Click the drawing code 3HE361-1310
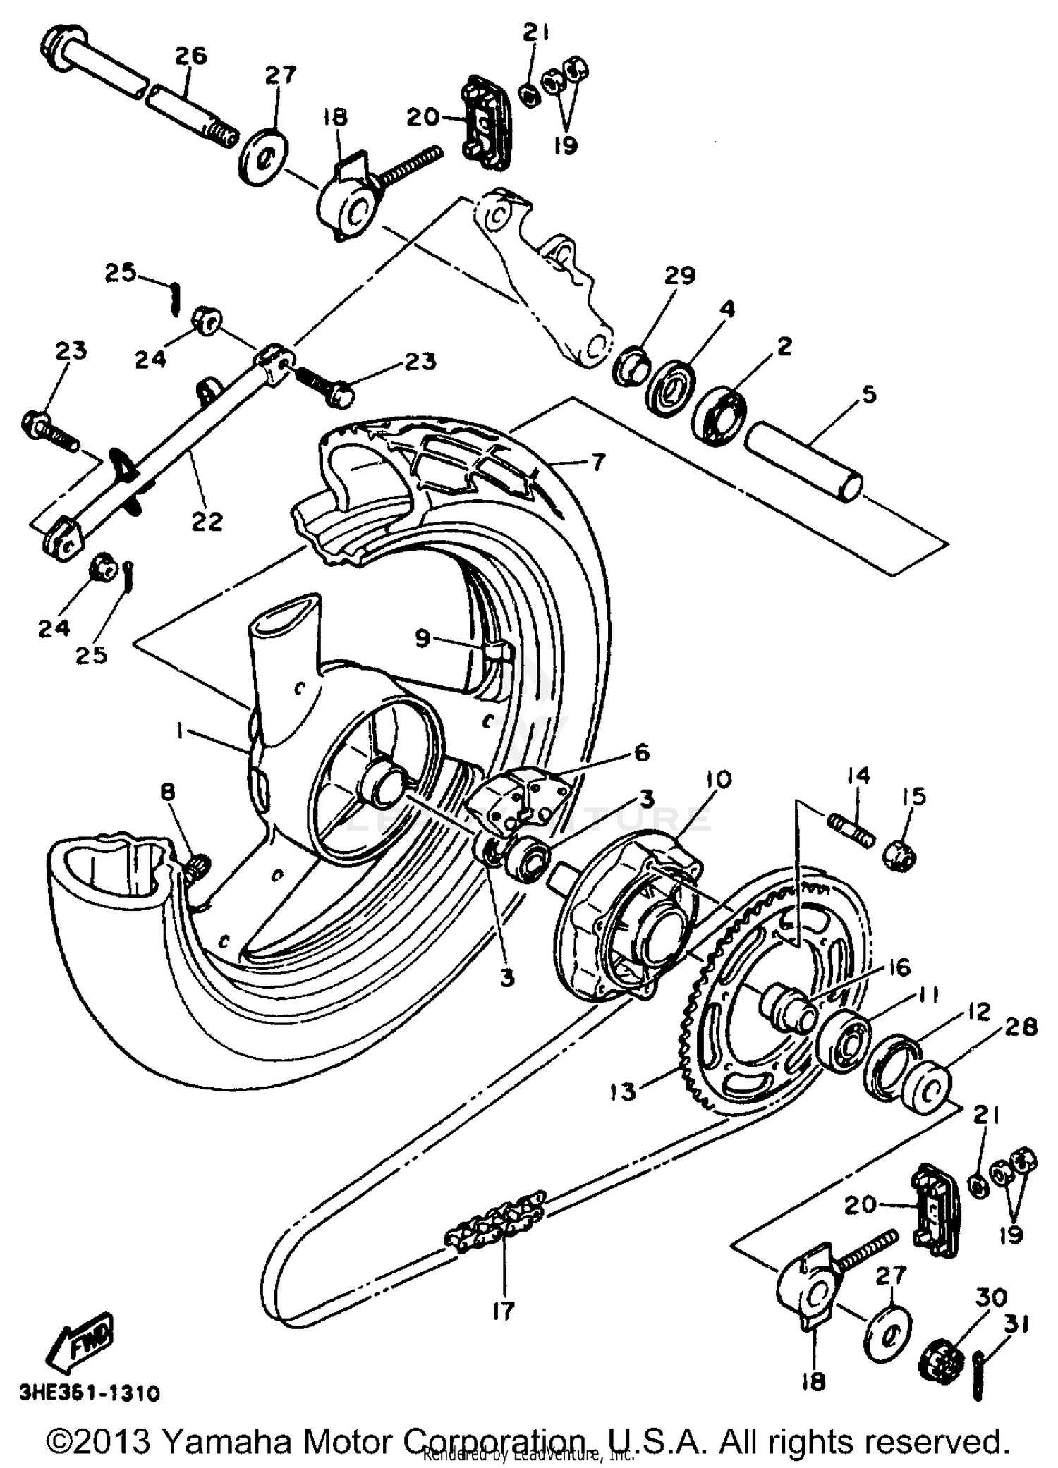click(x=90, y=1393)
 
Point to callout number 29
click(x=680, y=275)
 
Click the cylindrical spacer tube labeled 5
click(x=804, y=468)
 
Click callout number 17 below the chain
click(x=504, y=1311)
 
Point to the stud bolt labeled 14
click(x=851, y=829)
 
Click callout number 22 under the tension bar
click(x=207, y=522)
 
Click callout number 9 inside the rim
click(x=422, y=639)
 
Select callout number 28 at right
click(x=1021, y=1027)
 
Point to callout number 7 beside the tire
click(x=597, y=463)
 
